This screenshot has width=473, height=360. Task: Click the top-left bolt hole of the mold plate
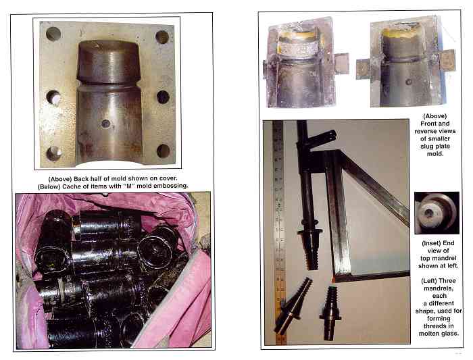pyautogui.click(x=53, y=34)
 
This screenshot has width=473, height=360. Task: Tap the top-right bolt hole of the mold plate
pyautogui.click(x=162, y=36)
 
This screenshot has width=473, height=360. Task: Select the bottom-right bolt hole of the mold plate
pyautogui.click(x=164, y=151)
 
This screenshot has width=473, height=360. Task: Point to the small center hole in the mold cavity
pyautogui.click(x=106, y=124)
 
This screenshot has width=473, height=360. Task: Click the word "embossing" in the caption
pyautogui.click(x=171, y=186)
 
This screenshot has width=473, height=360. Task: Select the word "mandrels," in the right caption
pyautogui.click(x=439, y=288)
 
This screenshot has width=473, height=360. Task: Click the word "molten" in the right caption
pyautogui.click(x=430, y=334)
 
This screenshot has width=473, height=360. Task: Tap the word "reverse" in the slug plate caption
pyautogui.click(x=425, y=131)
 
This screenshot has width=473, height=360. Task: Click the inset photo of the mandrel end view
pyautogui.click(x=437, y=213)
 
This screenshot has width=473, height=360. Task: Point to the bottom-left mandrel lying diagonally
pyautogui.click(x=293, y=307)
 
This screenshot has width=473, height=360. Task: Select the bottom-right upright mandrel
pyautogui.click(x=330, y=313)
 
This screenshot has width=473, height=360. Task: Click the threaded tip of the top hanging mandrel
pyautogui.click(x=312, y=253)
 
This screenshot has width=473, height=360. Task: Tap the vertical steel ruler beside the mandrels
pyautogui.click(x=280, y=232)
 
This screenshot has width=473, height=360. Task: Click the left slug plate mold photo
pyautogui.click(x=306, y=63)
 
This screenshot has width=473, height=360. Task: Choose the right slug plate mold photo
pyautogui.click(x=405, y=62)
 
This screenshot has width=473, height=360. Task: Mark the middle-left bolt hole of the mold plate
pyautogui.click(x=53, y=97)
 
